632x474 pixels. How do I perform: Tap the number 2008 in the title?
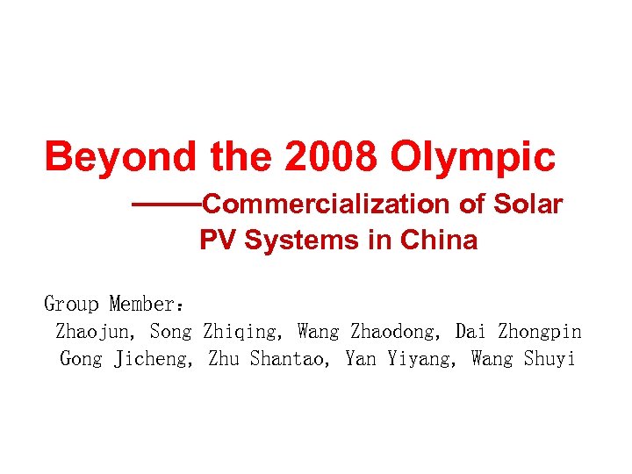tap(333, 158)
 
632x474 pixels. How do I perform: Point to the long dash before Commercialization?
tap(166, 205)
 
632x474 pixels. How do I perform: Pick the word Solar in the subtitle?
tap(528, 205)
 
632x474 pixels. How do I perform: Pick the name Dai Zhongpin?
tap(518, 332)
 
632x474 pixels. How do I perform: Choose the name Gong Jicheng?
tap(126, 359)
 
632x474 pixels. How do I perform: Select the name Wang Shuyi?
tap(523, 359)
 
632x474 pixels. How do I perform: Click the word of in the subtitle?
tap(472, 205)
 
